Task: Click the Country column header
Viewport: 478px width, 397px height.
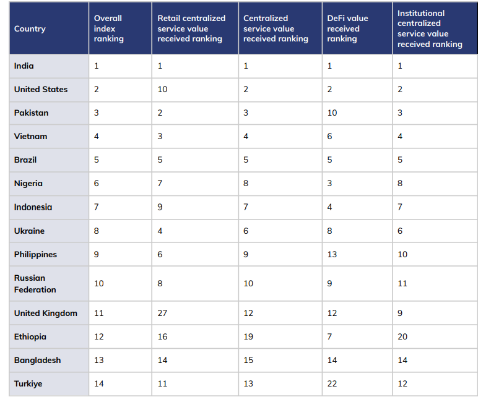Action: [30, 28]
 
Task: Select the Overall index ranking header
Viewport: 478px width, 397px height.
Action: [109, 28]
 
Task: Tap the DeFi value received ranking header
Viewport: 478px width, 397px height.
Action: [347, 28]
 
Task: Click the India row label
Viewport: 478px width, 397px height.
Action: [24, 66]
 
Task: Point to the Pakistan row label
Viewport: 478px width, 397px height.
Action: [31, 113]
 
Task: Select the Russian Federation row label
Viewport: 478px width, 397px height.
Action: [35, 284]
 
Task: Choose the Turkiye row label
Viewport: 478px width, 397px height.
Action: [28, 383]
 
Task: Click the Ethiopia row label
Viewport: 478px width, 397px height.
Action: [30, 336]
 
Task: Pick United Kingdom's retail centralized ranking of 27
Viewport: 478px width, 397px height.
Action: [163, 313]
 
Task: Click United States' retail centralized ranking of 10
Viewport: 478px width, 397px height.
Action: [163, 89]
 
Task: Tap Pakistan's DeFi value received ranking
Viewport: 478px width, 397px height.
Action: [332, 113]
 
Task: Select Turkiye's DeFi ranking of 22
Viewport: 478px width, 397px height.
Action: [332, 383]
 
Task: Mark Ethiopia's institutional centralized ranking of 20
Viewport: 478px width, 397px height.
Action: [402, 336]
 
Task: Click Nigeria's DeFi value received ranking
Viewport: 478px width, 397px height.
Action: [329, 183]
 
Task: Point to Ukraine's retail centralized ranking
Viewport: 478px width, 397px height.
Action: [160, 231]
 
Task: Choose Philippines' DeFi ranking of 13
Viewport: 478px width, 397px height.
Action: [332, 254]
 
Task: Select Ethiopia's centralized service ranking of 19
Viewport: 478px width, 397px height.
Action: [248, 336]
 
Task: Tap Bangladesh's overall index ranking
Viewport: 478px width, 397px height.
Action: [99, 360]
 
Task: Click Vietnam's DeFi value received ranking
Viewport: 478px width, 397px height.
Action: [329, 136]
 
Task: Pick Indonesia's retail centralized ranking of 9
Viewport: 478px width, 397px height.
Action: [160, 207]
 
